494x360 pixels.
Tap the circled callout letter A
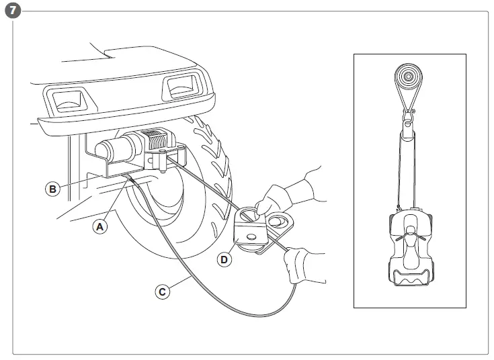[100, 227]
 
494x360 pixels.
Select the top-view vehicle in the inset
[409, 252]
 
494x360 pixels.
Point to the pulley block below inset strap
[407, 122]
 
